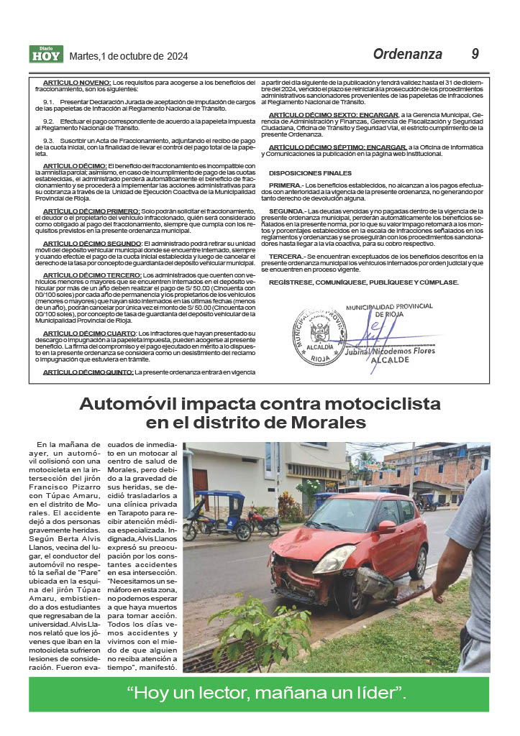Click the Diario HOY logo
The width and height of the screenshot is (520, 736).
pyautogui.click(x=46, y=54)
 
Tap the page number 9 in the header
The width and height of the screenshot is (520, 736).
pyautogui.click(x=475, y=54)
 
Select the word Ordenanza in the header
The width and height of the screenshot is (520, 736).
pyautogui.click(x=407, y=54)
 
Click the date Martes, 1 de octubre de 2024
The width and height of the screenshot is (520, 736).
pyautogui.click(x=128, y=56)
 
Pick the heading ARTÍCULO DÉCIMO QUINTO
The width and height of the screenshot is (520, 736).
pyautogui.click(x=88, y=372)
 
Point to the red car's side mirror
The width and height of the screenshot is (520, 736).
pyautogui.click(x=387, y=526)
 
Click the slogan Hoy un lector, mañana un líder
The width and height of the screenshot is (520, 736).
pyautogui.click(x=266, y=694)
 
